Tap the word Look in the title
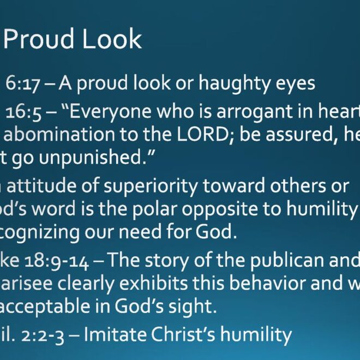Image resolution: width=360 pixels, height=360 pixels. click(112, 39)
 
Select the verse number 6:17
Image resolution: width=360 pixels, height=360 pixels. click(22, 83)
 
